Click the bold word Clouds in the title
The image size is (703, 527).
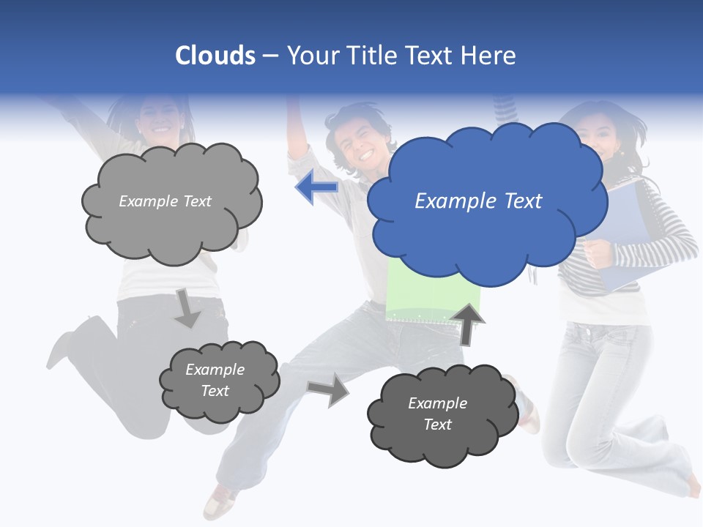point(215,56)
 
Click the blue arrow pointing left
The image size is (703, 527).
point(316,187)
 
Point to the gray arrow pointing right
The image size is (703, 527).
point(329,389)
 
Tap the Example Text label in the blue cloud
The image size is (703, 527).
point(478,201)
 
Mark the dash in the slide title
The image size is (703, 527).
point(269,56)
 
